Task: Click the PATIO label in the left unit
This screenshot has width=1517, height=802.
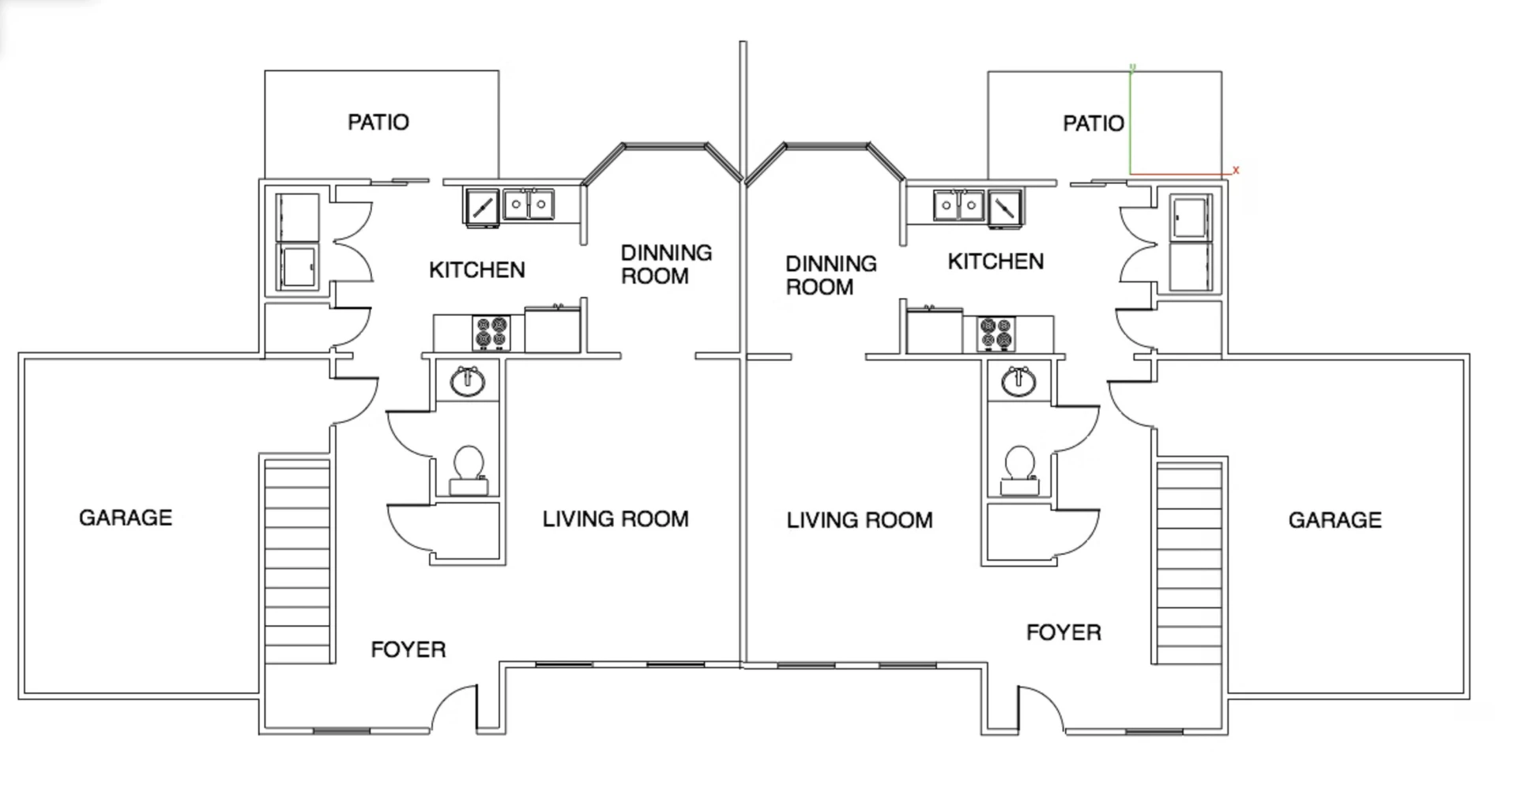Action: pyautogui.click(x=378, y=122)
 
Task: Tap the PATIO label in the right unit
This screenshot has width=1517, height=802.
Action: pyautogui.click(x=1094, y=123)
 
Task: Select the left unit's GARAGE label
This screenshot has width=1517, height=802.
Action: pyautogui.click(x=126, y=518)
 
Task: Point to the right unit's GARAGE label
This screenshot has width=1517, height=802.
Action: pyautogui.click(x=1335, y=520)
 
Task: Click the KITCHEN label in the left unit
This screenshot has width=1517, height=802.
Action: pyautogui.click(x=477, y=270)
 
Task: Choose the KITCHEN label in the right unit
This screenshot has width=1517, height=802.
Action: pyautogui.click(x=996, y=262)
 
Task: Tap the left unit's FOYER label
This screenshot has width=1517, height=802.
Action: pyautogui.click(x=408, y=650)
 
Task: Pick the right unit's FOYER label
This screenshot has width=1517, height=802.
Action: pyautogui.click(x=1063, y=632)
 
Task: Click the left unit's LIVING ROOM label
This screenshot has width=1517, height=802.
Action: pyautogui.click(x=615, y=519)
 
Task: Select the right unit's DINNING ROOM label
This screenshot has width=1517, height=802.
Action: pyautogui.click(x=831, y=275)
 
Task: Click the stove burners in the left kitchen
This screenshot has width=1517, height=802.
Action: pyautogui.click(x=491, y=333)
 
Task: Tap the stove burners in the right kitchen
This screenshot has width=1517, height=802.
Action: pyautogui.click(x=996, y=333)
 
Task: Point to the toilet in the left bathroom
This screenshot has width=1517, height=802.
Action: pyautogui.click(x=468, y=470)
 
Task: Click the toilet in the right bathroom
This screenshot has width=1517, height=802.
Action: pyautogui.click(x=1020, y=471)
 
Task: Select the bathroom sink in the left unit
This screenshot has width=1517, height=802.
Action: pyautogui.click(x=468, y=382)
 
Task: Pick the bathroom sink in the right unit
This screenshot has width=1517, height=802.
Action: pyautogui.click(x=1019, y=382)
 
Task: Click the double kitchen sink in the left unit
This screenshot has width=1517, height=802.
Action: pyautogui.click(x=529, y=205)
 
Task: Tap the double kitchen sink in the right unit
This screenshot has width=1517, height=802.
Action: pyautogui.click(x=959, y=205)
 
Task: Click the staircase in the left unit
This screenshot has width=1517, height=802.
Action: pyautogui.click(x=297, y=562)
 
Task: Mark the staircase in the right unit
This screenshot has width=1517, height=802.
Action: pyautogui.click(x=1190, y=563)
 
